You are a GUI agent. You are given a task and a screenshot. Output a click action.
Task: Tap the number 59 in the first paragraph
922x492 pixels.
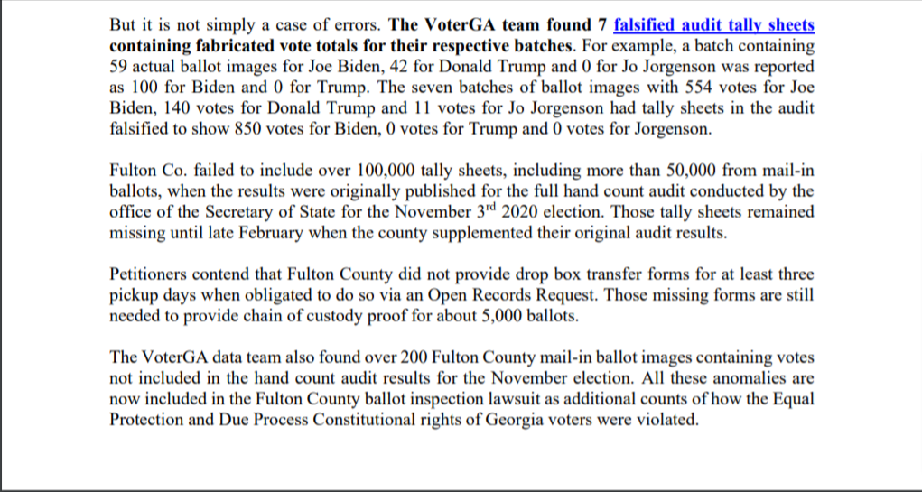117,68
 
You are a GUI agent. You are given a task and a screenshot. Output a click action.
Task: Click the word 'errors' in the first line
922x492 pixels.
355,25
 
